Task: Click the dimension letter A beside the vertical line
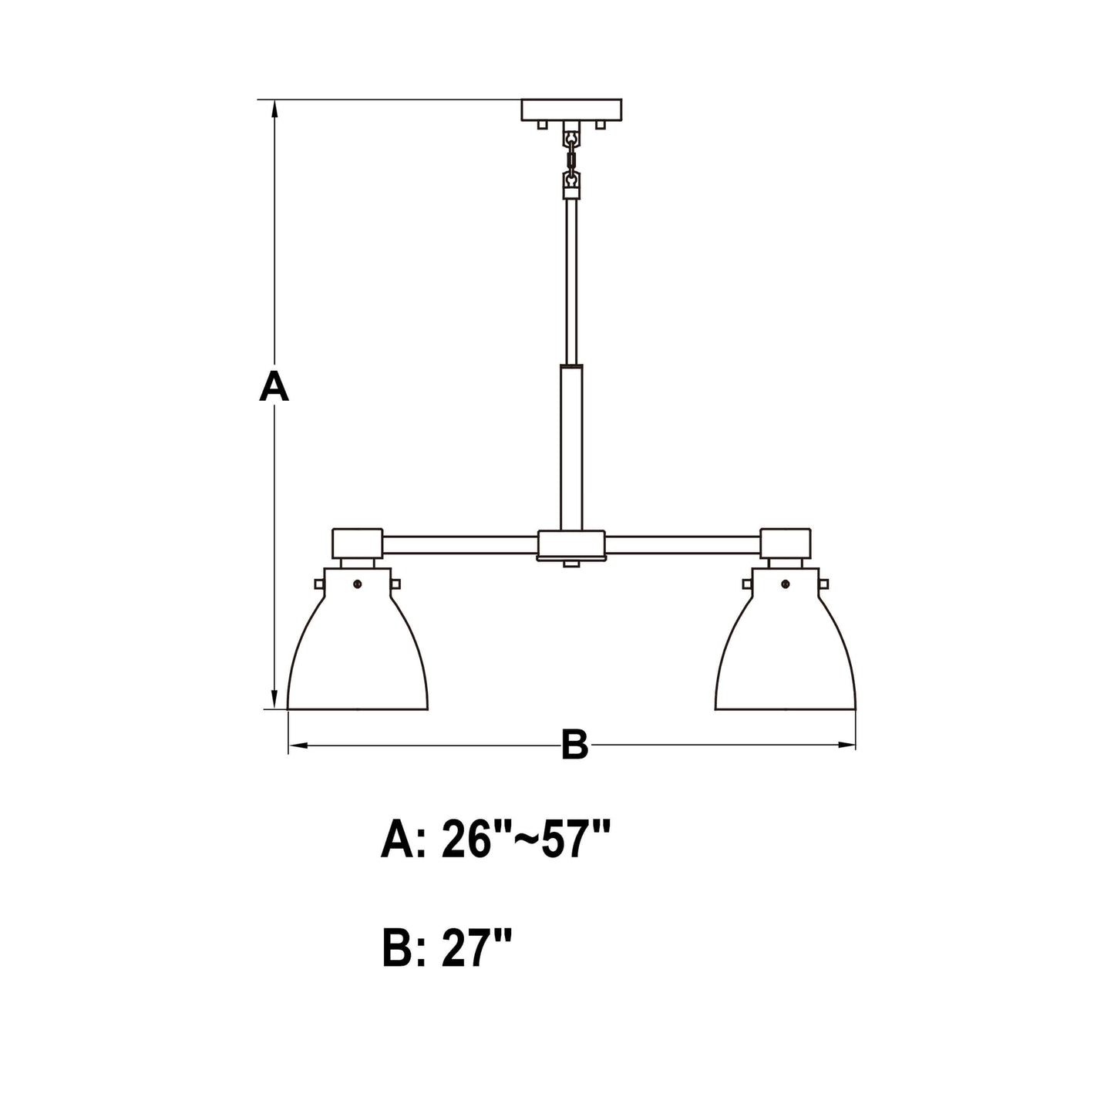pos(274,386)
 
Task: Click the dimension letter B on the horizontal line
pos(574,745)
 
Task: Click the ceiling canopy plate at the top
pos(570,109)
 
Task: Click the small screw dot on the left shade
pos(357,585)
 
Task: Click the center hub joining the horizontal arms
pos(570,545)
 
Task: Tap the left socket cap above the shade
pos(357,544)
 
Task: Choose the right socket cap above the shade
pos(785,544)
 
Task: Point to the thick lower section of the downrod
pos(571,447)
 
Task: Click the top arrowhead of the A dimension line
pos(274,108)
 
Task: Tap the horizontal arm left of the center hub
pos(459,545)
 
